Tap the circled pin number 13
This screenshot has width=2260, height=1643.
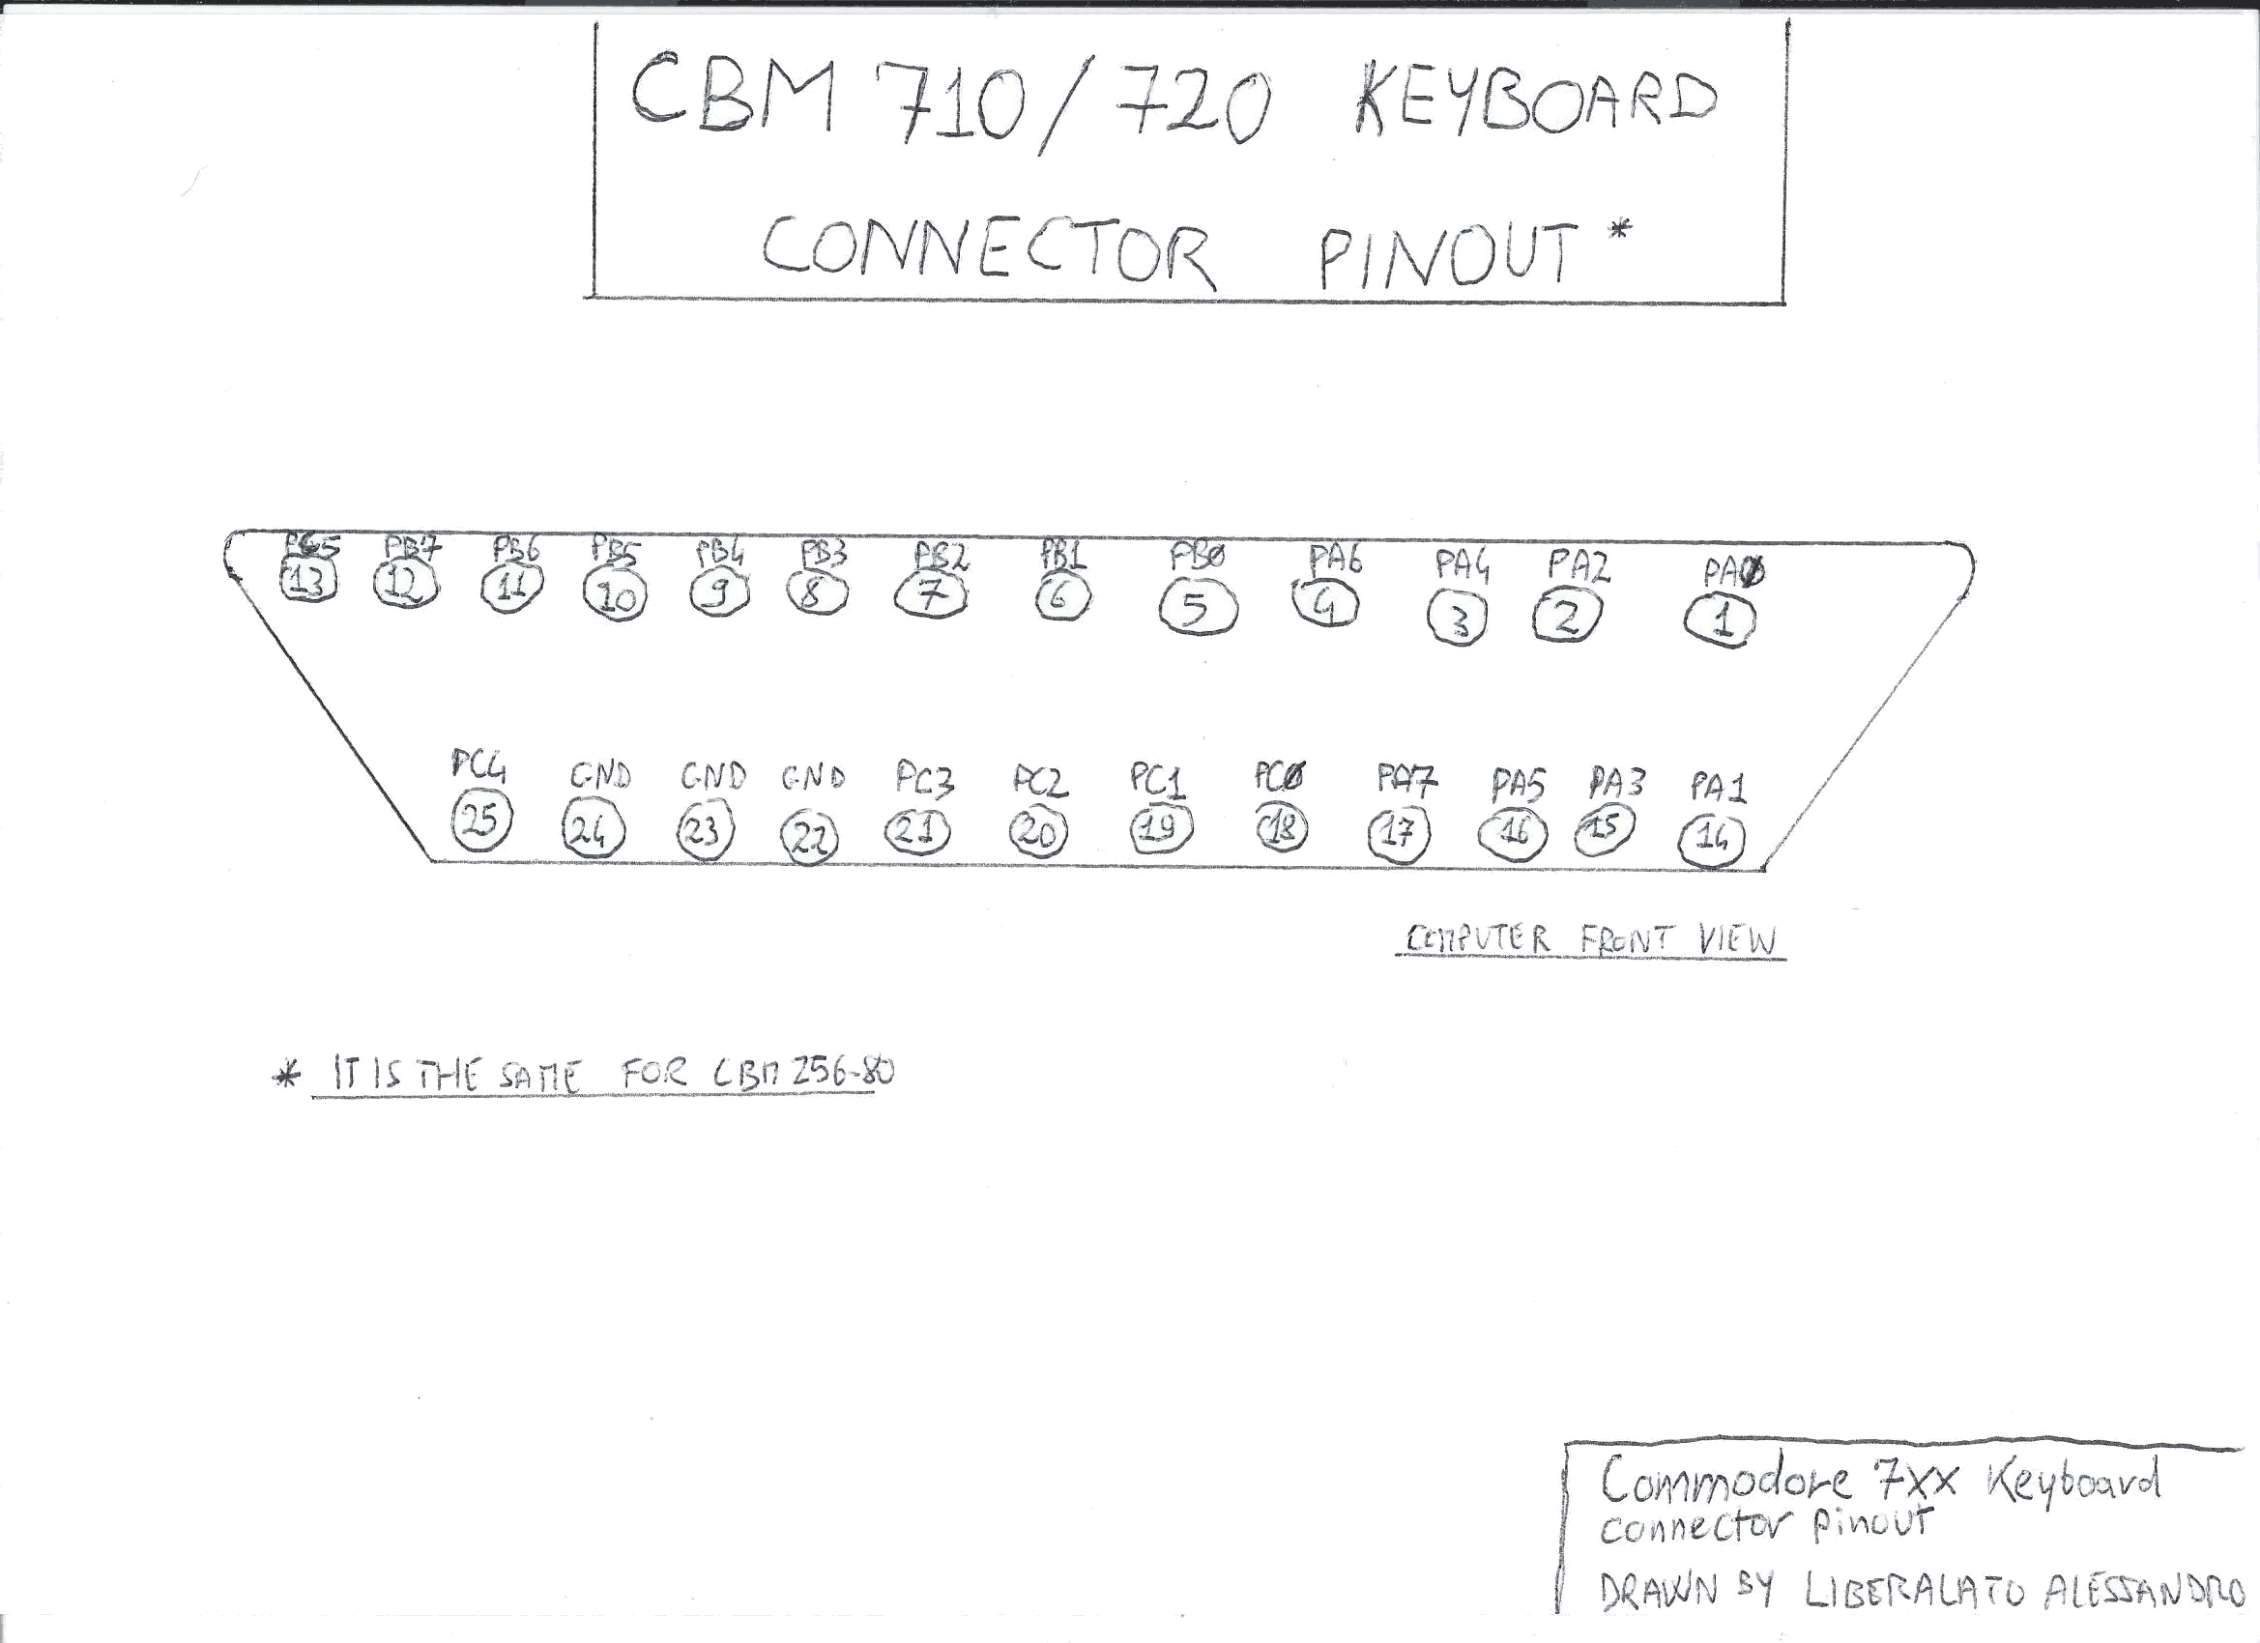(309, 581)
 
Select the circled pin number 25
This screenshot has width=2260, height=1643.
(481, 821)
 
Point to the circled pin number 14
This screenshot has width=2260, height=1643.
(1712, 841)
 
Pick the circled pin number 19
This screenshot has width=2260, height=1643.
(1161, 828)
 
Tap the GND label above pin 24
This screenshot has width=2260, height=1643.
(600, 776)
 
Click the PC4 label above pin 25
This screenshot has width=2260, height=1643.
(478, 766)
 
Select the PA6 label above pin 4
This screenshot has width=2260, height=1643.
(1334, 559)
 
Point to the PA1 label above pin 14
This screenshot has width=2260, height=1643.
(1718, 788)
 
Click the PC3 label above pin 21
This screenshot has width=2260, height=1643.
(924, 779)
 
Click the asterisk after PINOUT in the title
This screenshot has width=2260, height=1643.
(1619, 231)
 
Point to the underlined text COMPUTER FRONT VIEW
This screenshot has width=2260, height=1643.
(1590, 939)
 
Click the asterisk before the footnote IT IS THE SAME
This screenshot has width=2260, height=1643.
(286, 1077)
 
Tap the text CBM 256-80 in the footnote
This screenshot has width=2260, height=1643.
(803, 1072)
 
